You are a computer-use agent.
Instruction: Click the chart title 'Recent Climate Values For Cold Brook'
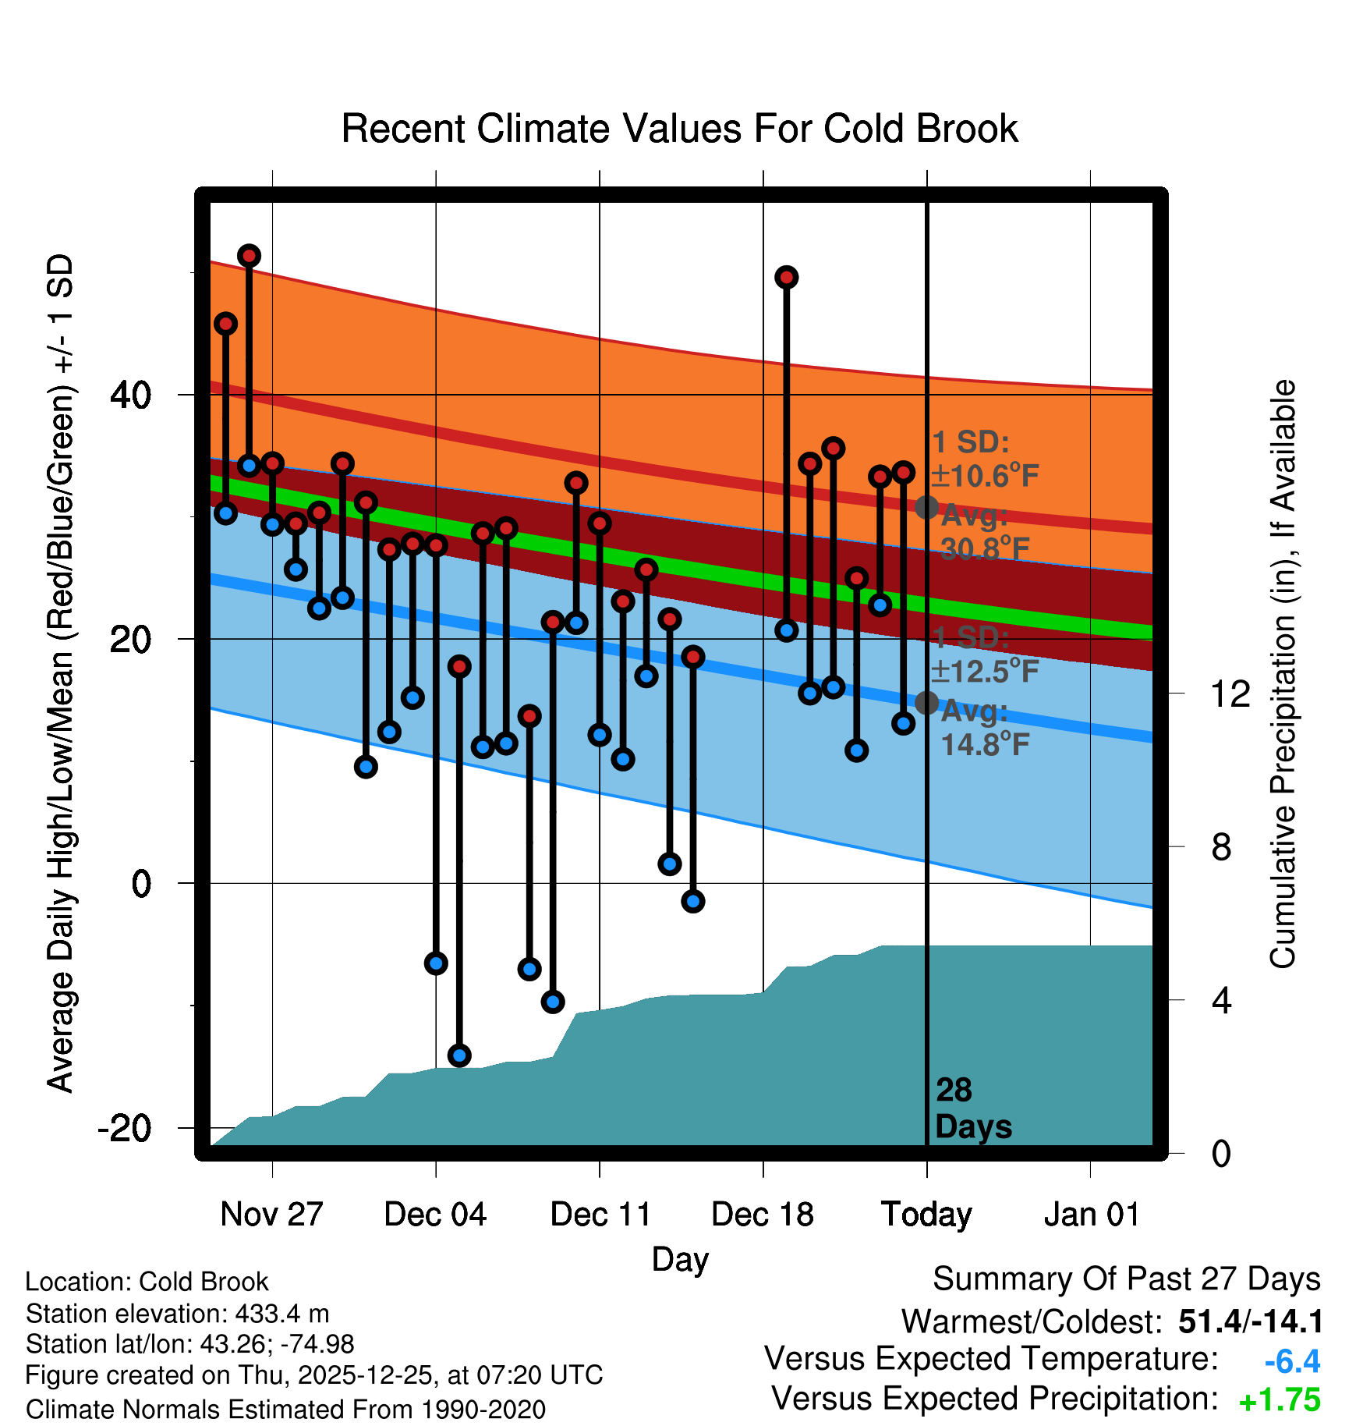[679, 129]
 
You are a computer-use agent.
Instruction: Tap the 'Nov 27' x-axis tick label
[271, 1214]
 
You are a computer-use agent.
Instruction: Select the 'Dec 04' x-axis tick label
[435, 1214]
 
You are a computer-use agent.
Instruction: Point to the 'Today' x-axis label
[926, 1214]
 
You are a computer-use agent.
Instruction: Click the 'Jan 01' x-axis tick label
[1091, 1214]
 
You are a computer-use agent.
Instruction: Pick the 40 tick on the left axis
[131, 396]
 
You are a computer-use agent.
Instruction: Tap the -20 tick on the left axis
[125, 1128]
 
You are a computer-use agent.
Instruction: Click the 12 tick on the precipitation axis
[1230, 693]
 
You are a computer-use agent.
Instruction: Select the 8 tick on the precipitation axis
[1222, 846]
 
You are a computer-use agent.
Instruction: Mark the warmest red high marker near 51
[249, 256]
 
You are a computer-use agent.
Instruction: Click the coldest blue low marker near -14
[459, 1055]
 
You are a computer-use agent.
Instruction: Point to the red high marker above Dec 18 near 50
[786, 277]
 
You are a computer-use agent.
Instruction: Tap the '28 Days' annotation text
[972, 1109]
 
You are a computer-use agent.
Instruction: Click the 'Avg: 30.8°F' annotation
[984, 533]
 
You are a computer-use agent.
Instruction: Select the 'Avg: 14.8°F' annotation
[984, 728]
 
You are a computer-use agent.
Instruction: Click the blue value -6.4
[1292, 1361]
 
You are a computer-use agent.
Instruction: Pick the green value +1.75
[1280, 1400]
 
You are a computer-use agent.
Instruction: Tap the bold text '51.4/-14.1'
[1250, 1321]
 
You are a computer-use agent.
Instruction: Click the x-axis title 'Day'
[680, 1259]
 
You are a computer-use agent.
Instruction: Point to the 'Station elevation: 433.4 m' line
[177, 1314]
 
